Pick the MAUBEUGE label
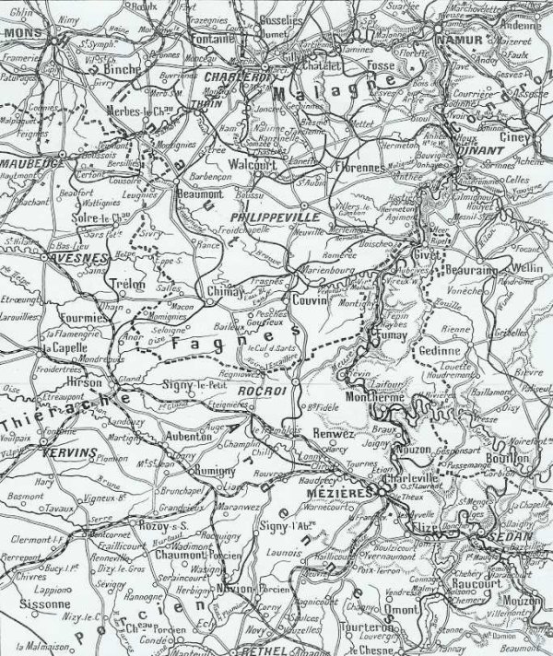pos(32,163)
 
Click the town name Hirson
pos(86,379)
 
